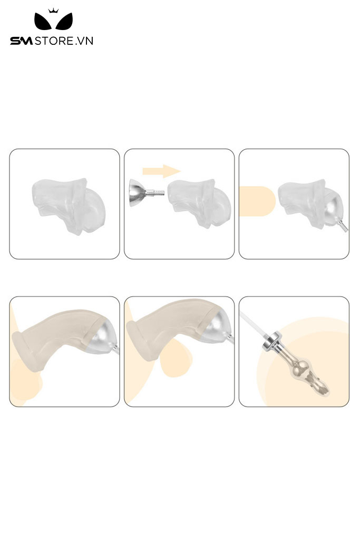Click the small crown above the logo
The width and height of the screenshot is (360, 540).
point(53,11)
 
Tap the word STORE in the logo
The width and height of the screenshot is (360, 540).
point(54,41)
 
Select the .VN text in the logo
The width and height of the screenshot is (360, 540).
point(84,41)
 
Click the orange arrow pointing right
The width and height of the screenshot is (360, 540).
point(161,171)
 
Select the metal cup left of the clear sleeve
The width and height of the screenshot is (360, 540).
point(137,194)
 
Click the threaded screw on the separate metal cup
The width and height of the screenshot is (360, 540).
point(157,192)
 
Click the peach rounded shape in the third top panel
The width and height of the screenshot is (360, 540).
point(257,201)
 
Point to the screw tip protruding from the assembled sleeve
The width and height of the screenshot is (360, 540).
point(343,227)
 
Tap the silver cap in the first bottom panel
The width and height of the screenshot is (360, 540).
point(103,335)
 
